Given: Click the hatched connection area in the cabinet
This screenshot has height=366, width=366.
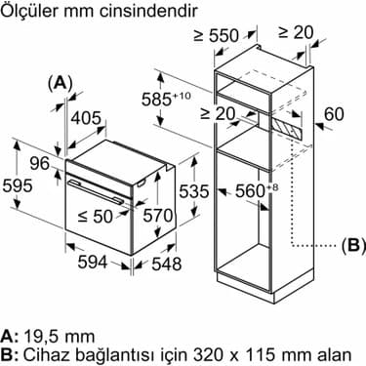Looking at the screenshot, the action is point(290,126).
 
